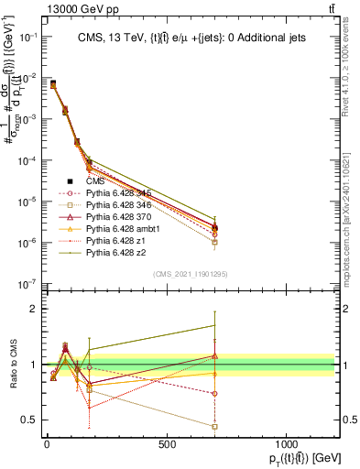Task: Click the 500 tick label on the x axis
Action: coord(166,445)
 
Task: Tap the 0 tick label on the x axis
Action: coord(47,445)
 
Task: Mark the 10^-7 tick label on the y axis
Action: coord(25,285)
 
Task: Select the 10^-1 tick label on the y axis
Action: coord(25,37)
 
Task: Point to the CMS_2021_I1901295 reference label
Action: coord(190,273)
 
